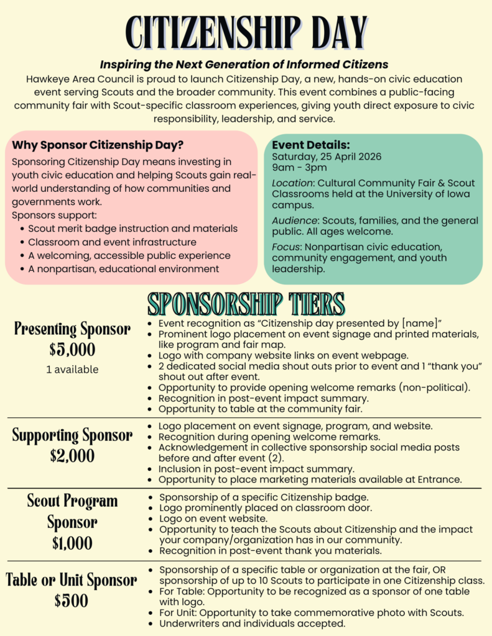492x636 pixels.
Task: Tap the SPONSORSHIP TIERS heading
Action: (x=246, y=304)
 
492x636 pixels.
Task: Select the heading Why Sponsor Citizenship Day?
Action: (x=98, y=145)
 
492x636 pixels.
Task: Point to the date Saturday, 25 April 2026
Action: (x=327, y=157)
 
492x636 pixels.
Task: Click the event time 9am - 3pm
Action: (x=299, y=168)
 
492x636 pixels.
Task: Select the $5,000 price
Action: (x=72, y=349)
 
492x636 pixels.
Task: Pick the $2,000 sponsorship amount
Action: (x=72, y=455)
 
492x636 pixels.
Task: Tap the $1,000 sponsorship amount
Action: (x=72, y=543)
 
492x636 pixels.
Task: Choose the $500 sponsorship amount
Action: (x=72, y=601)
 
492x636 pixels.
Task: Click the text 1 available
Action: (x=72, y=370)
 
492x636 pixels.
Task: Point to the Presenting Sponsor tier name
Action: (x=72, y=329)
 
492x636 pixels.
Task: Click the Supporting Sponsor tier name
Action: (x=72, y=435)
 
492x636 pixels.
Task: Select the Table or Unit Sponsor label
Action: (x=72, y=580)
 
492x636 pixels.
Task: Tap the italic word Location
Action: (x=292, y=183)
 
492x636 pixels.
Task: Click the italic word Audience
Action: (x=294, y=220)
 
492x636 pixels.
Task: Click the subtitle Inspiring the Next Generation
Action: (x=244, y=64)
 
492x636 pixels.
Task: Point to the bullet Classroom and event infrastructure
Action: (x=112, y=242)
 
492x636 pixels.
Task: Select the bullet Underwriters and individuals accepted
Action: (x=252, y=624)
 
